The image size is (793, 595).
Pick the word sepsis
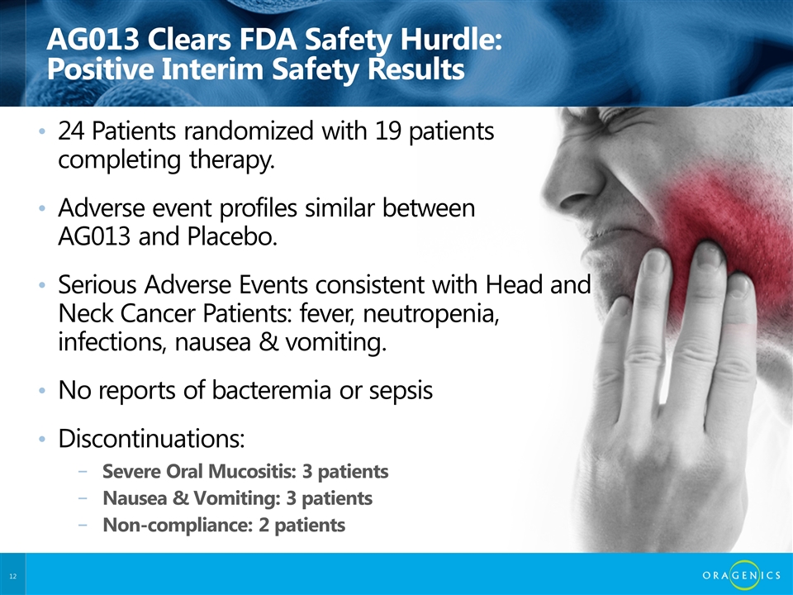click(x=400, y=391)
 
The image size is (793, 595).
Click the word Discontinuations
click(x=150, y=438)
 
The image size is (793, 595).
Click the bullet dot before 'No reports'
click(x=43, y=392)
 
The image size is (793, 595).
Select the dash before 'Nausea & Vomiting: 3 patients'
click(x=80, y=499)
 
